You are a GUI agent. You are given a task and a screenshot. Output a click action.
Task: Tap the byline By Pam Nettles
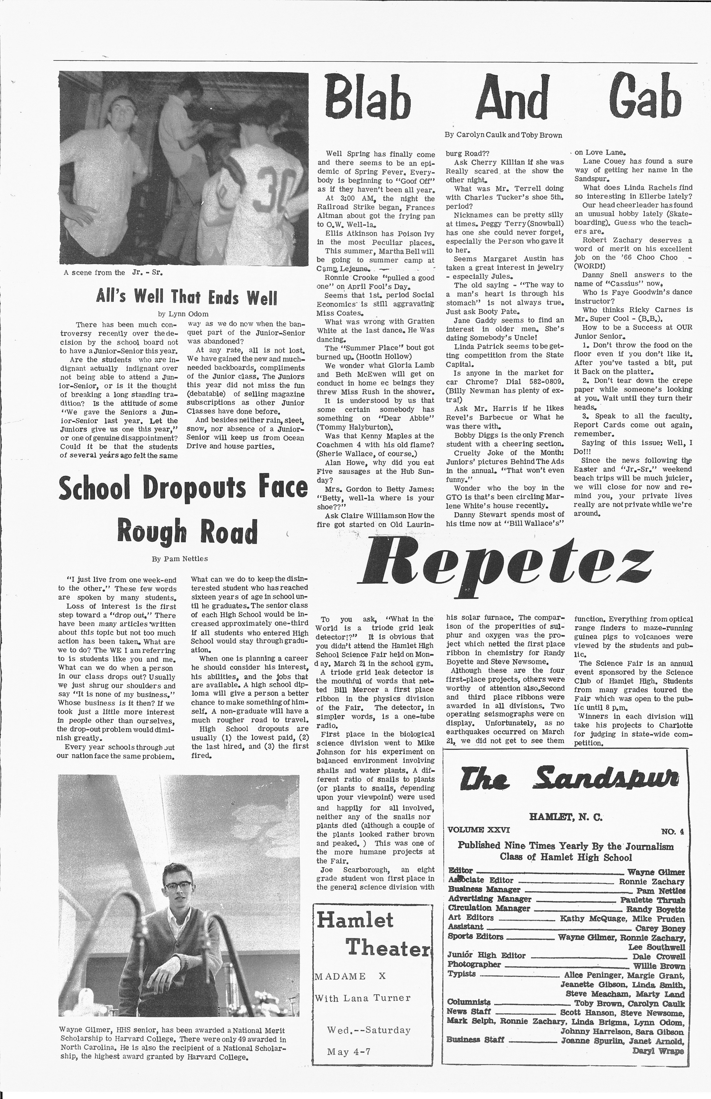tap(180, 559)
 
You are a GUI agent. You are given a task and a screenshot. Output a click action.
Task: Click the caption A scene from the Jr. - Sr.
tap(113, 272)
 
